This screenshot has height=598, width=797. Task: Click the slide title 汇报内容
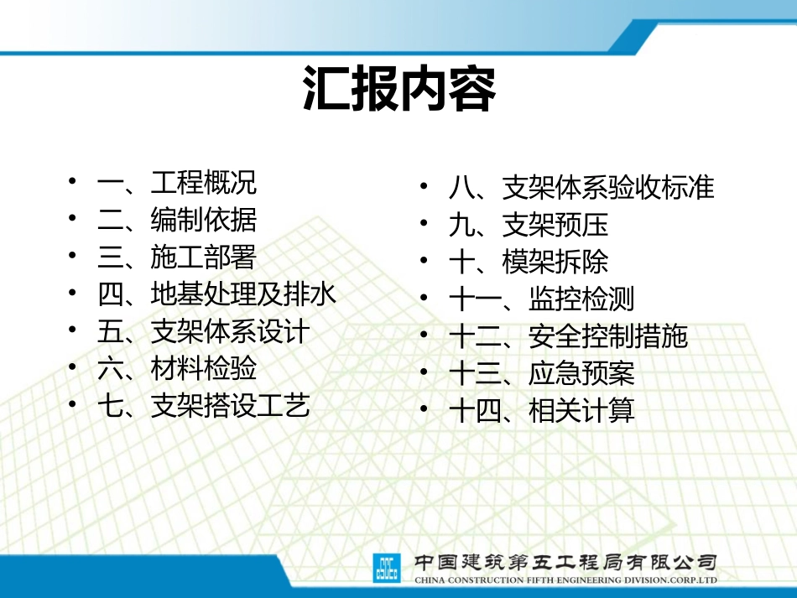(398, 90)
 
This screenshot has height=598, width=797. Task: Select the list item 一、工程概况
(177, 183)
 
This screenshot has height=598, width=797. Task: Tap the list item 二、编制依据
(177, 220)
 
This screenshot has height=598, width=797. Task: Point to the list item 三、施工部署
(177, 257)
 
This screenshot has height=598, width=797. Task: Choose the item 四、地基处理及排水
(216, 294)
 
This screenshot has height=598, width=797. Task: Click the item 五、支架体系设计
(203, 331)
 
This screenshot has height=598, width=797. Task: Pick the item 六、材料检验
(177, 368)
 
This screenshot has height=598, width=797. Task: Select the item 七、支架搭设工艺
(203, 406)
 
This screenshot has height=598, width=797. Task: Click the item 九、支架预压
(529, 225)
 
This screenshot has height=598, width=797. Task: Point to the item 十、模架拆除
(529, 262)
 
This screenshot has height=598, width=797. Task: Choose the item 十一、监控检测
(541, 299)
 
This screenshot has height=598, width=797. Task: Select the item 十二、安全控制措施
(568, 336)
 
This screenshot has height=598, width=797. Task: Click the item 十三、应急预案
(541, 373)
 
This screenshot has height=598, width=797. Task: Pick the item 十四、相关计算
(541, 411)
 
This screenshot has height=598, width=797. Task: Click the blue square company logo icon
(388, 568)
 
